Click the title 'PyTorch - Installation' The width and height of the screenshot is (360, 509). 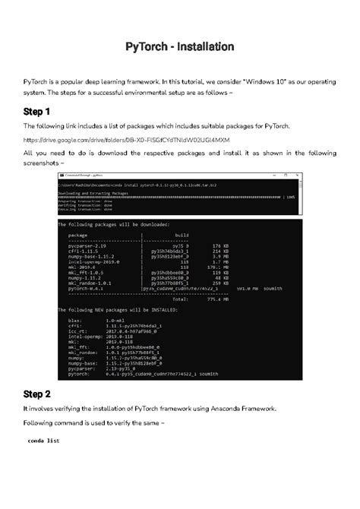click(x=180, y=47)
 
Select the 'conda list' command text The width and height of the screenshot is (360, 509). click(x=43, y=441)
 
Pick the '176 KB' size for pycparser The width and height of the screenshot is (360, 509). click(x=221, y=246)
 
